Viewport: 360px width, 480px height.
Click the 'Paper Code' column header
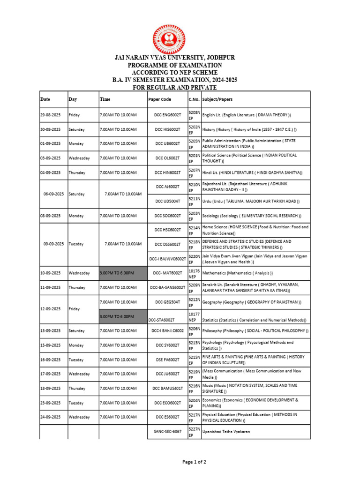point(160,99)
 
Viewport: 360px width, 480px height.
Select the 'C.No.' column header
point(194,99)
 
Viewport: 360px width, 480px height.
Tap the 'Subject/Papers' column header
point(217,99)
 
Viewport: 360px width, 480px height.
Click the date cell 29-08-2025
point(50,115)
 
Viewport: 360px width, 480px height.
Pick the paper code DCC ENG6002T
point(167,115)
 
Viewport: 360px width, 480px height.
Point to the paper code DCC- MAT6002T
point(167,273)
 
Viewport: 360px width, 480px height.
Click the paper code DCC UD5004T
point(167,201)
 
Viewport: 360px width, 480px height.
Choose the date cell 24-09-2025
point(50,417)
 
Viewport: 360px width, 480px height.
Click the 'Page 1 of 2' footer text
point(194,462)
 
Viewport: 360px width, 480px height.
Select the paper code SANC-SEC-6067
point(167,431)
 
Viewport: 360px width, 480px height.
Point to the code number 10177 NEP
point(194,317)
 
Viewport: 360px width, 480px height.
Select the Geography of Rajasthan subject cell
point(252,302)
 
